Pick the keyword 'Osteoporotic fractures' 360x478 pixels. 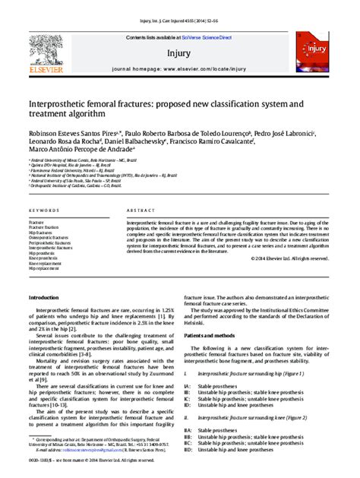point(49,238)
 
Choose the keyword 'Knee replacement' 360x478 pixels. point(46,263)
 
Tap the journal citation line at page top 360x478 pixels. point(178,10)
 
